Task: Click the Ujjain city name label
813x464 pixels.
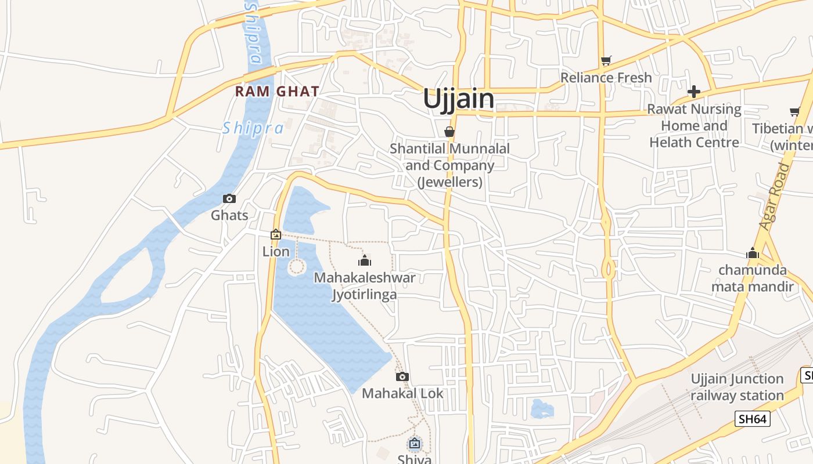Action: (x=459, y=99)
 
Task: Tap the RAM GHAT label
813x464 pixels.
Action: (x=277, y=91)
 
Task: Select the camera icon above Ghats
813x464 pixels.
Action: (x=229, y=199)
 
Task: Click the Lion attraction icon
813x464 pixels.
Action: (x=276, y=234)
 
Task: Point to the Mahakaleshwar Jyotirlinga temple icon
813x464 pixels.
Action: (x=365, y=260)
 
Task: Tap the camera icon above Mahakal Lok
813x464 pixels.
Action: (x=402, y=376)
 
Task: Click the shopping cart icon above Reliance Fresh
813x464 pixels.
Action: (x=606, y=60)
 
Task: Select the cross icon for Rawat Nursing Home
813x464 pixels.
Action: (x=693, y=92)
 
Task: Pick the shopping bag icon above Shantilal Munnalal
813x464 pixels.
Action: (x=449, y=132)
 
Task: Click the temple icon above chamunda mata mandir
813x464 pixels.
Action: (x=753, y=253)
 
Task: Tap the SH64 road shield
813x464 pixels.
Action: (x=752, y=419)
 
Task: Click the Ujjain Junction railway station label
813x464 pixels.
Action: (x=737, y=387)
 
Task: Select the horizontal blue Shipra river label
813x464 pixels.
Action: (x=253, y=128)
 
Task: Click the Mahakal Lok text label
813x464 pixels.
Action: (x=402, y=393)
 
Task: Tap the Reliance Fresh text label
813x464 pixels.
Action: (x=606, y=77)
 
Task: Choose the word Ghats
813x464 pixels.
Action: (x=229, y=215)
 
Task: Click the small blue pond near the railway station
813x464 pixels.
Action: (x=542, y=409)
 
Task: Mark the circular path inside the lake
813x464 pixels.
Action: (x=297, y=267)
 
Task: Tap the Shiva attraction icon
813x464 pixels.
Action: (x=414, y=444)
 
